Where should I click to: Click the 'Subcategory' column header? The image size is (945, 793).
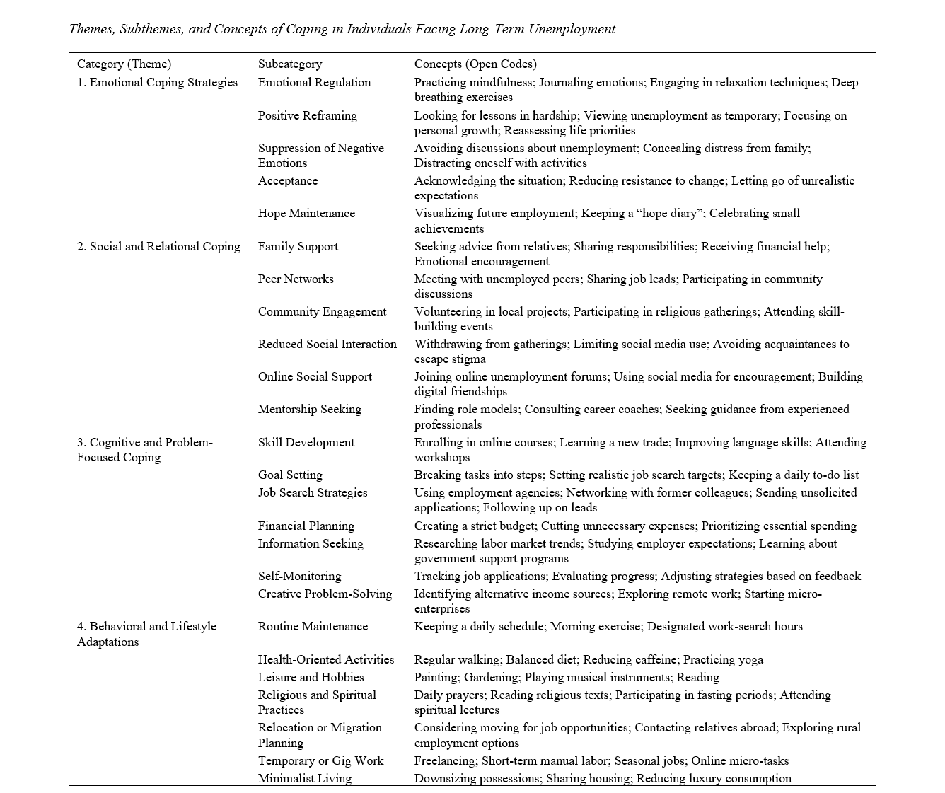click(x=289, y=64)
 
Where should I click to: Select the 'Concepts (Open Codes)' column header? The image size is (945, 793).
click(x=475, y=64)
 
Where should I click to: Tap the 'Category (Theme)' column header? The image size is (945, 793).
click(x=124, y=64)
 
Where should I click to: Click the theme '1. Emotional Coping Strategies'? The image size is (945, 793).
click(x=157, y=82)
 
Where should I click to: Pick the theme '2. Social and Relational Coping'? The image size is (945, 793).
click(x=158, y=246)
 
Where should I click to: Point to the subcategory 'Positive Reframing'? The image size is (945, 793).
click(x=307, y=115)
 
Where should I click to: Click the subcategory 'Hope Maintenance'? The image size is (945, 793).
click(x=306, y=213)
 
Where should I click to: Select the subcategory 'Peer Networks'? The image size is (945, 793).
click(x=296, y=279)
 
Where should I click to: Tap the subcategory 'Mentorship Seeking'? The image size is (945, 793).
click(x=309, y=409)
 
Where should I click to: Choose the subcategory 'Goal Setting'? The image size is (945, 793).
click(x=290, y=475)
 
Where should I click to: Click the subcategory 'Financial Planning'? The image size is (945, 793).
click(x=306, y=526)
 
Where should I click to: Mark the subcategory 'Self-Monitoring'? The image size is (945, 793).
click(x=299, y=576)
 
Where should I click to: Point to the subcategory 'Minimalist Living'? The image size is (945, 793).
click(x=304, y=778)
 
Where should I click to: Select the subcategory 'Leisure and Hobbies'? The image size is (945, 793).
click(x=311, y=677)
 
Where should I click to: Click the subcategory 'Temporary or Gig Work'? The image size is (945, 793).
click(x=320, y=760)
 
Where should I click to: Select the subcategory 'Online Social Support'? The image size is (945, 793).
click(x=315, y=376)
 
